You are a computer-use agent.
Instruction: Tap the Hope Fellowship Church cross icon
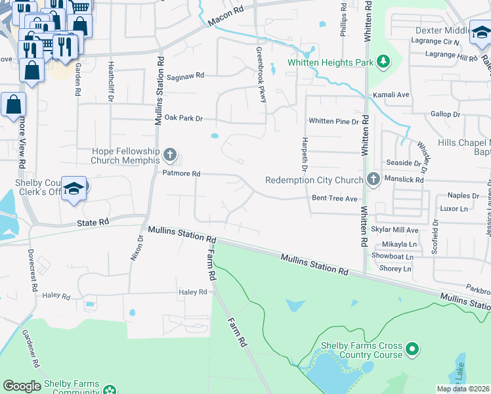pos(170,156)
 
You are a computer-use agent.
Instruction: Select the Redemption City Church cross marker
pos(374,179)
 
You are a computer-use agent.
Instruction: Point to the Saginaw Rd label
pos(185,76)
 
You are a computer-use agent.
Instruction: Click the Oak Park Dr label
pos(184,118)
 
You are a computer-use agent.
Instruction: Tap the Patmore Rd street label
pos(182,173)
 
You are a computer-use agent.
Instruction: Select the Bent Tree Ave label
pos(334,198)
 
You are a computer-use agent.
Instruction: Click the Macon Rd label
pos(225,17)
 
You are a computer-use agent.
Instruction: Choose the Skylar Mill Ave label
pos(395,230)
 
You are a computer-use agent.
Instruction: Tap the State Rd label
pos(93,223)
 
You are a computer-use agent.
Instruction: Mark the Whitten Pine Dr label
pos(334,121)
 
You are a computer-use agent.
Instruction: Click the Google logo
pos(22,386)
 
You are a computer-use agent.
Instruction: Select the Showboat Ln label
pos(393,256)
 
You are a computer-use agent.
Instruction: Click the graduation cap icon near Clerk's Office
pos(75,188)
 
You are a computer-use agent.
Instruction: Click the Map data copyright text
pos(462,389)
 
